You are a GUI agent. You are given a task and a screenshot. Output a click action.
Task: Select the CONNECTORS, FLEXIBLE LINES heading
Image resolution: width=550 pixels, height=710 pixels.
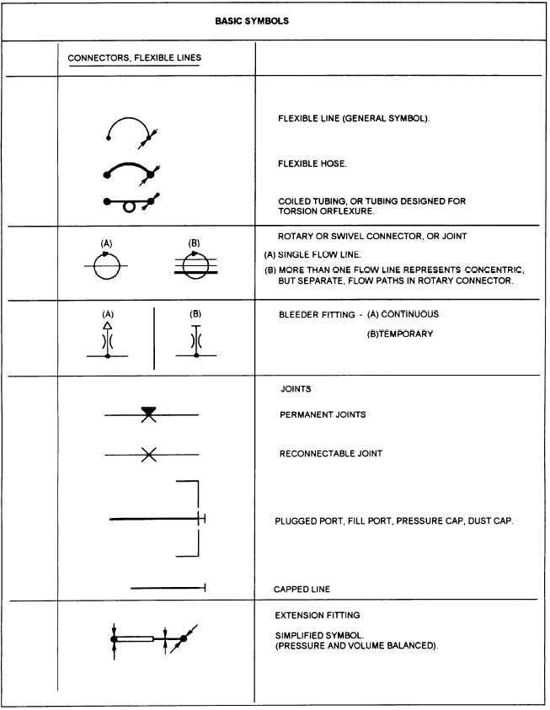point(133,58)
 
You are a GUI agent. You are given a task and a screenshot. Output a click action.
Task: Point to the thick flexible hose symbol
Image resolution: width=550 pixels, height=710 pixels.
point(128,162)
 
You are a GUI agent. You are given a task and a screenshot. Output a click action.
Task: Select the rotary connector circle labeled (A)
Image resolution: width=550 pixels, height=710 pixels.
point(107,266)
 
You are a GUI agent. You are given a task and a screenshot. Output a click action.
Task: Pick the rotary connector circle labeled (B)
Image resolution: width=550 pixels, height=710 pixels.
point(195,266)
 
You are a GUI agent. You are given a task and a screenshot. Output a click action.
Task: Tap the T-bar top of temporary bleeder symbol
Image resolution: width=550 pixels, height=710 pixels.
point(195,325)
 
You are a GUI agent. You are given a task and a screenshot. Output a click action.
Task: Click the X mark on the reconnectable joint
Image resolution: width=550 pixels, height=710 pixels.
point(148,455)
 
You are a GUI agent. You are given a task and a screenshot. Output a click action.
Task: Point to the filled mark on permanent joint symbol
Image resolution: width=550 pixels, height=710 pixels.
point(149,412)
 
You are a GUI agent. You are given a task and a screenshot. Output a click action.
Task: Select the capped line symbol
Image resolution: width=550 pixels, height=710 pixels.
point(168,588)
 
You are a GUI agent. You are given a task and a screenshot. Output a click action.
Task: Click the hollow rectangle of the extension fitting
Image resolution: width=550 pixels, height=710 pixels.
point(136,639)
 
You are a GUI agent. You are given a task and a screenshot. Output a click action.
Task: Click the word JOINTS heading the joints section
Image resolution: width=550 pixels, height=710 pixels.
point(295,390)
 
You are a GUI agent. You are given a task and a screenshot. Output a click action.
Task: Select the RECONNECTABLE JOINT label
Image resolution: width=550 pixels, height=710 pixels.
point(330,454)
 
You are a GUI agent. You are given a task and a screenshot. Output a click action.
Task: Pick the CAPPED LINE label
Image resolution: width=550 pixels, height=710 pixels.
point(302,590)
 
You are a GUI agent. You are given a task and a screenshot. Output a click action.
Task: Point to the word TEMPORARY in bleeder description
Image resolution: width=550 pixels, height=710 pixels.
point(403,334)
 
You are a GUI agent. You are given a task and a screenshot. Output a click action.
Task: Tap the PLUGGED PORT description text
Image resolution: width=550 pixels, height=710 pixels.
point(393,521)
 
